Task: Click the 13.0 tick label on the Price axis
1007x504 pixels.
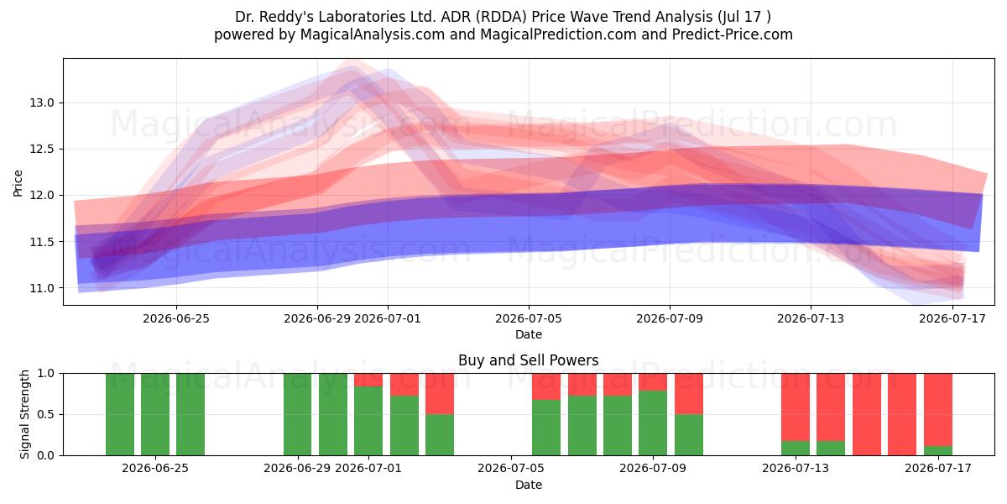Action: tap(42, 103)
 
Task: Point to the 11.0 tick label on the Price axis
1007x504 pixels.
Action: tap(42, 288)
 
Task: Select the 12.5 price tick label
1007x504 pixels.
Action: tap(42, 150)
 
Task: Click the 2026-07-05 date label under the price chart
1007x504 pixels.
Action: tap(529, 318)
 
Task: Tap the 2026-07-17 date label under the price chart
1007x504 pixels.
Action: tap(952, 318)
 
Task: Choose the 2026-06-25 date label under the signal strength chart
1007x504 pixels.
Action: tap(155, 469)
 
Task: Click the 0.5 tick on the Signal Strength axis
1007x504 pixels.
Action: tap(45, 414)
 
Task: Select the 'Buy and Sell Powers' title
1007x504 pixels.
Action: tap(528, 360)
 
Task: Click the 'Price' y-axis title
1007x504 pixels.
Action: tap(18, 184)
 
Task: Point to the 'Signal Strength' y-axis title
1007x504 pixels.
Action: tap(24, 414)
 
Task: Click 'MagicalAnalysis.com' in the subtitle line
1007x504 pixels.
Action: tap(373, 34)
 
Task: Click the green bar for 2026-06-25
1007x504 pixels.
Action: tap(155, 414)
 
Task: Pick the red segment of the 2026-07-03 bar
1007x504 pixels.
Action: tap(440, 394)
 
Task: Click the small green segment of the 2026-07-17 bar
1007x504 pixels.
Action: tap(938, 450)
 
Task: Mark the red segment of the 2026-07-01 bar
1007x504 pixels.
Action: tap(368, 380)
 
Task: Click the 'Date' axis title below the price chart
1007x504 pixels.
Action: tap(529, 335)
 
